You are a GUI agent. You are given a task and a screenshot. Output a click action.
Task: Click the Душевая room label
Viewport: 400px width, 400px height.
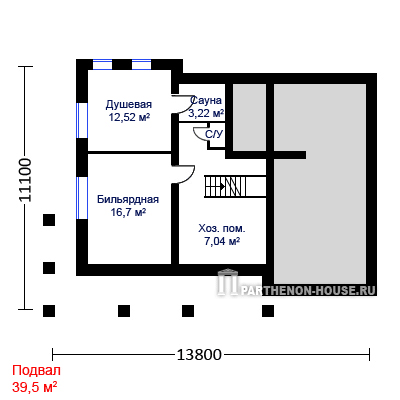(129, 104)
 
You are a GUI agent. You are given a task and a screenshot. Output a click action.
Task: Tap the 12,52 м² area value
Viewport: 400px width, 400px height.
(129, 117)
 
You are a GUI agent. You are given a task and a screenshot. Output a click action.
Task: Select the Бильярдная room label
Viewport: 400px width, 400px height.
(128, 199)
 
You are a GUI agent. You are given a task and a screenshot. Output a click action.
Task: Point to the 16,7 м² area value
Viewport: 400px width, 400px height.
(128, 212)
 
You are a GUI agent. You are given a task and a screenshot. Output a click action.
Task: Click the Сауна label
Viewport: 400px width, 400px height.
(206, 100)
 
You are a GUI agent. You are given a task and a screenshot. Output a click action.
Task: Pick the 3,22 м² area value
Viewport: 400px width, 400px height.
(206, 113)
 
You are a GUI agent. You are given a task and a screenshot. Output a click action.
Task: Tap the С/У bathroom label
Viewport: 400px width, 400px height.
(214, 134)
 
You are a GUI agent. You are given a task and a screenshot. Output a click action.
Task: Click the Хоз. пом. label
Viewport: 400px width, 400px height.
(222, 229)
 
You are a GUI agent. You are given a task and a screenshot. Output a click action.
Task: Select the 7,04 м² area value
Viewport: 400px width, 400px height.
(222, 241)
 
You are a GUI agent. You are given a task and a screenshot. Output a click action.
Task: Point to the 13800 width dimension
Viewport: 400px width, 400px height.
(199, 355)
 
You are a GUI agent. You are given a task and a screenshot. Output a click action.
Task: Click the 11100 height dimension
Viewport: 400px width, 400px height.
(25, 180)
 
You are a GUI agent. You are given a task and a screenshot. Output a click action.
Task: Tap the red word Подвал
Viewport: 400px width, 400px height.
(36, 371)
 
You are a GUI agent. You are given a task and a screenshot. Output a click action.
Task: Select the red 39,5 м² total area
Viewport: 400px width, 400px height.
(35, 387)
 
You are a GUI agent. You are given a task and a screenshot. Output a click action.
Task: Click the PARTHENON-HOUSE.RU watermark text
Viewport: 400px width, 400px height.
(307, 290)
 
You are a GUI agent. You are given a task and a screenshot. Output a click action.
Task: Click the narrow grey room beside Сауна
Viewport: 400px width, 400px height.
(249, 117)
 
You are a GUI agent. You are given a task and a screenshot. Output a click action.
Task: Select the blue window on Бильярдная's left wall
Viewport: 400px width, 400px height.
(82, 198)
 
